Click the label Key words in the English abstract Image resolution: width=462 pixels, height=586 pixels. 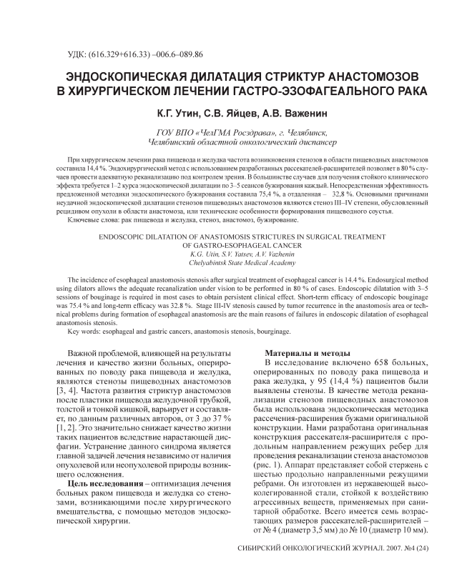(85, 332)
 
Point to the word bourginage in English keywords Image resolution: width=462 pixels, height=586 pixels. (271, 332)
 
